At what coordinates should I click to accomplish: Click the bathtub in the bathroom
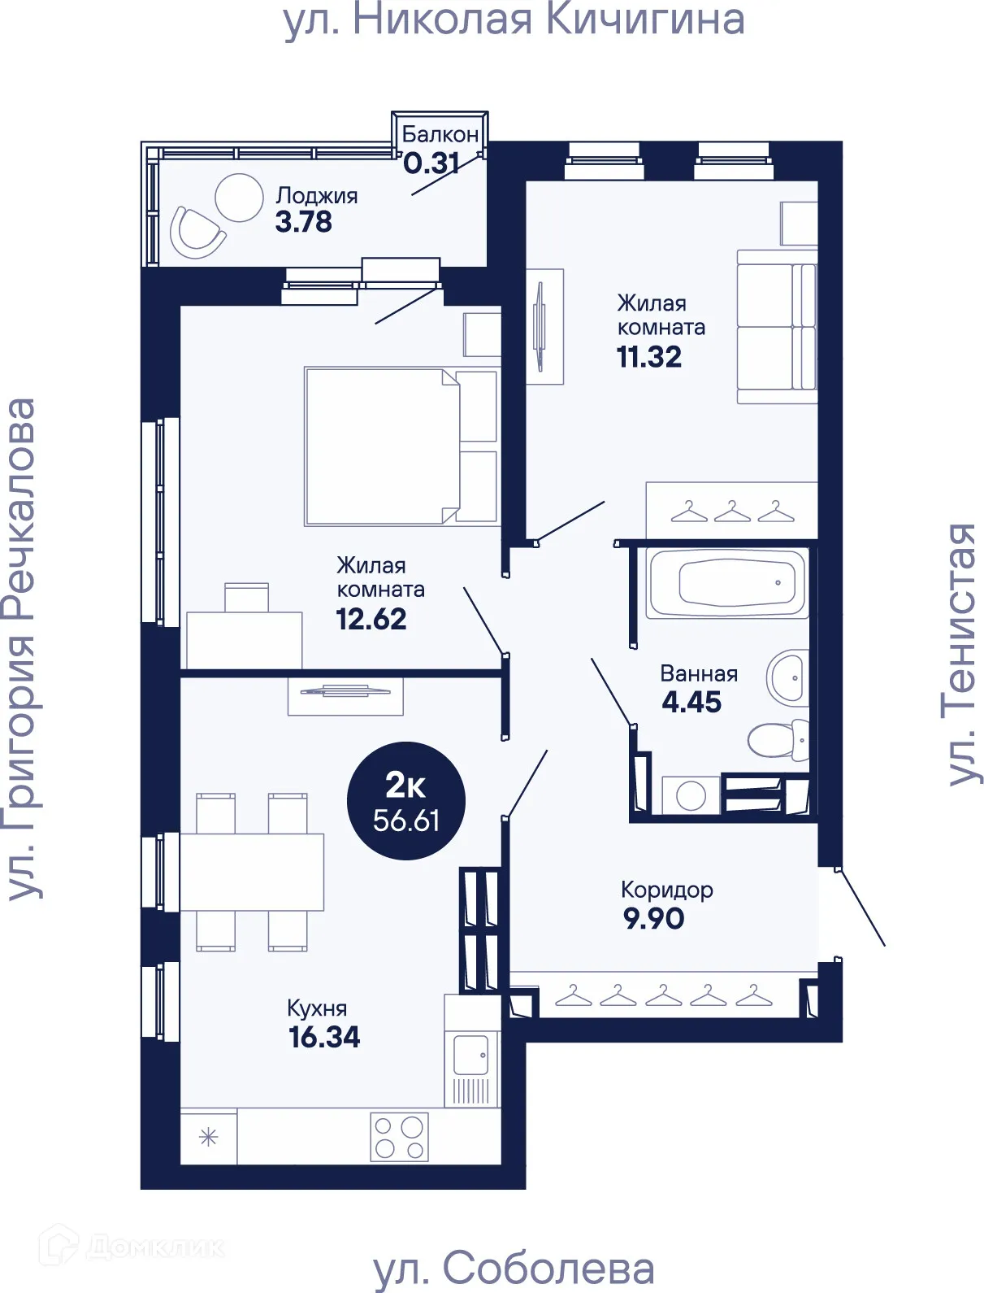[726, 583]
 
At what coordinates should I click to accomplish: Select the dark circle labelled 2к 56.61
[406, 800]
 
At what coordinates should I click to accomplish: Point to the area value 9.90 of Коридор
[653, 918]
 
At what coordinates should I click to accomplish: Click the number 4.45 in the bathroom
[691, 702]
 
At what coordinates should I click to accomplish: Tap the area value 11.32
[649, 357]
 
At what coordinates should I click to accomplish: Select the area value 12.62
[371, 619]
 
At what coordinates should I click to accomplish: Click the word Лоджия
[317, 196]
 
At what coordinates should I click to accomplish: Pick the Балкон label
[440, 135]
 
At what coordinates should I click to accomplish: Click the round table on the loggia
[239, 198]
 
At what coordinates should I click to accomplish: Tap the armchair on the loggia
[197, 233]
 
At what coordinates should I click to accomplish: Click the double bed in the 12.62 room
[401, 446]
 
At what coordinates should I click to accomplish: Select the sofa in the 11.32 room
[777, 326]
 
